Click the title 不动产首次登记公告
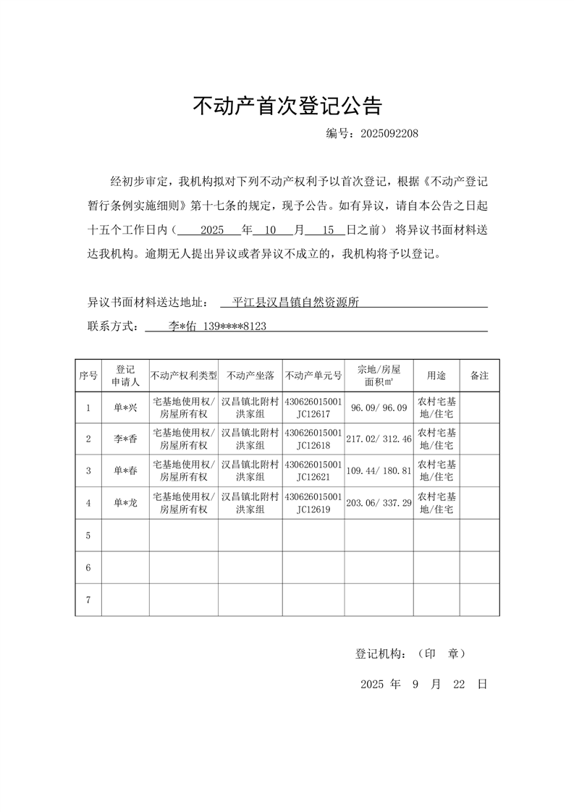pyautogui.click(x=287, y=106)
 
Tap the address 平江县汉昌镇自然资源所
pyautogui.click(x=295, y=303)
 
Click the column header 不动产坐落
pyautogui.click(x=250, y=376)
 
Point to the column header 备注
pyautogui.click(x=479, y=376)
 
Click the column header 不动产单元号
pyautogui.click(x=313, y=376)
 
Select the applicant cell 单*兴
pyautogui.click(x=125, y=408)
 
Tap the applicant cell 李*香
pyautogui.click(x=125, y=439)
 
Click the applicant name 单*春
pyautogui.click(x=125, y=471)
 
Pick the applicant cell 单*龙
pyautogui.click(x=125, y=503)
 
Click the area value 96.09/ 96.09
pyautogui.click(x=379, y=408)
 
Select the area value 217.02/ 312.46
pyautogui.click(x=379, y=439)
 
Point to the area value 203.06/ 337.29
pyautogui.click(x=379, y=503)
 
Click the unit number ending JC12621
pyautogui.click(x=313, y=477)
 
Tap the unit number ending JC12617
pyautogui.click(x=313, y=414)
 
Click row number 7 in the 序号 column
pyautogui.click(x=88, y=600)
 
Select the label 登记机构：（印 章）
pyautogui.click(x=410, y=654)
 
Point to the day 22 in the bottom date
pyautogui.click(x=457, y=684)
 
